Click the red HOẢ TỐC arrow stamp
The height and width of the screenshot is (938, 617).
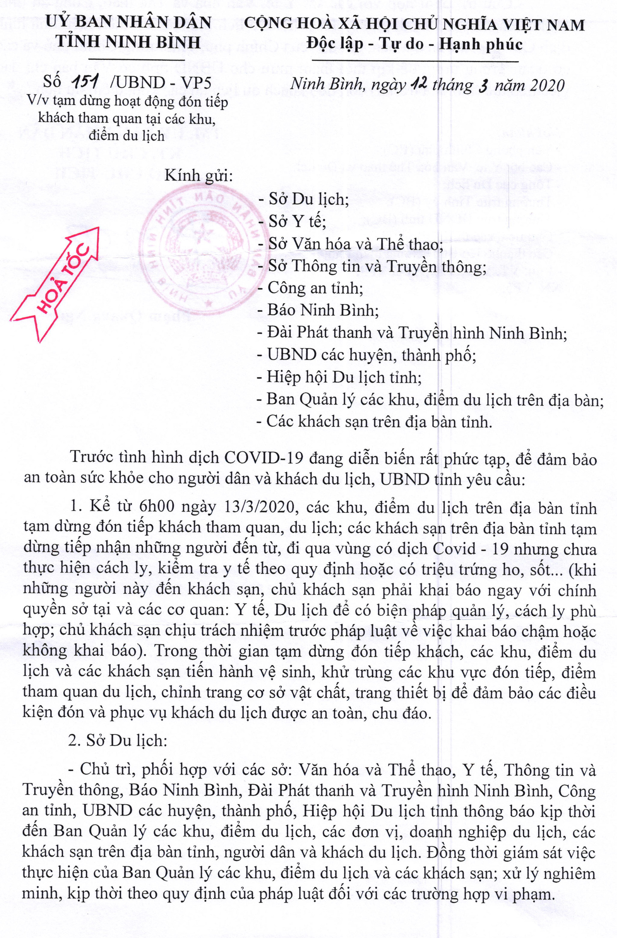pos(65,285)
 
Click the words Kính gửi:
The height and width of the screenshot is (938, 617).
pos(198,175)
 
